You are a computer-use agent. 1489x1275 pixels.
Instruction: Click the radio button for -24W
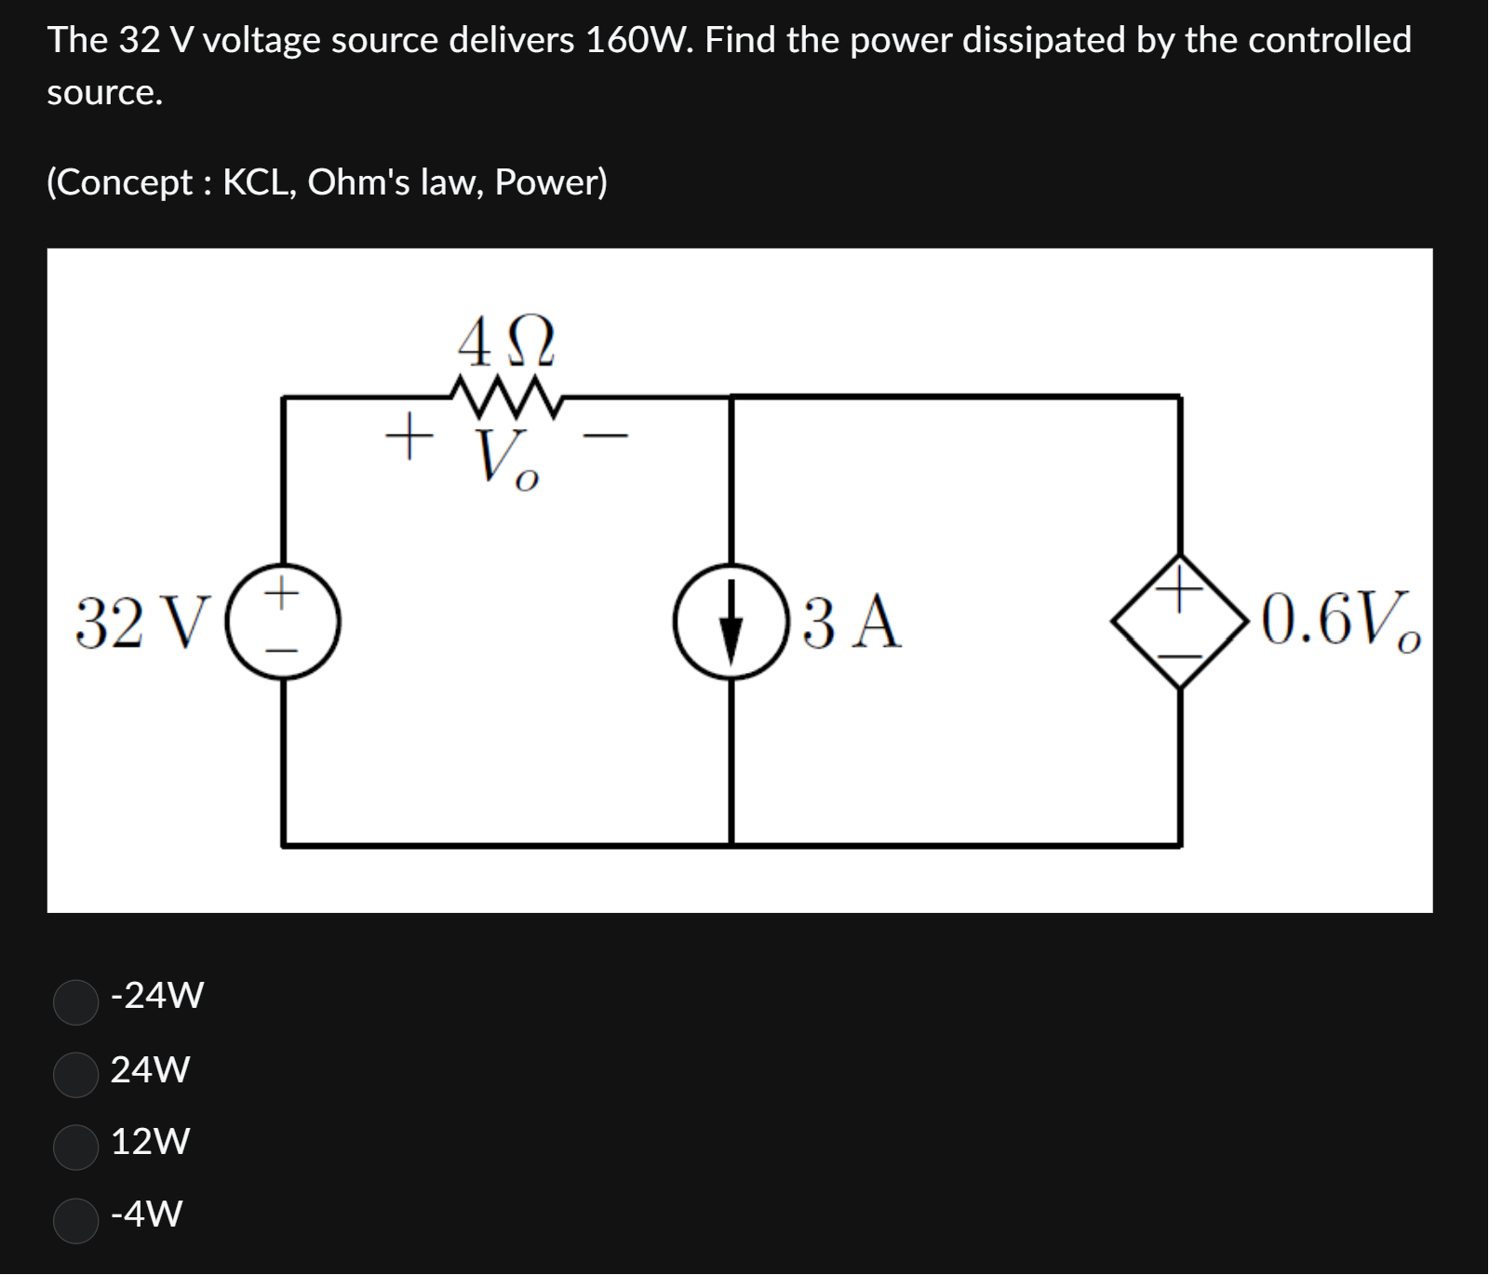[x=76, y=1001]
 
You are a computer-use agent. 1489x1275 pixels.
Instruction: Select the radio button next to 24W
[x=76, y=1075]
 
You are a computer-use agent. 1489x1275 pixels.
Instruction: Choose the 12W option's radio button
[x=76, y=1147]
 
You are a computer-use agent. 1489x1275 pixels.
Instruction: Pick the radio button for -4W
[x=76, y=1220]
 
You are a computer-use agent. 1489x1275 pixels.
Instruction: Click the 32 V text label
[x=138, y=623]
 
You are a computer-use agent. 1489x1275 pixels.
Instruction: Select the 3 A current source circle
[x=731, y=621]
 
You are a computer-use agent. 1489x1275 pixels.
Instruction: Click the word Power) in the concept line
[x=551, y=182]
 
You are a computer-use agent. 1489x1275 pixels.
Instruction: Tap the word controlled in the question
[x=1329, y=40]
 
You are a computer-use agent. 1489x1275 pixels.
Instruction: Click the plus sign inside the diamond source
[x=1179, y=587]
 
